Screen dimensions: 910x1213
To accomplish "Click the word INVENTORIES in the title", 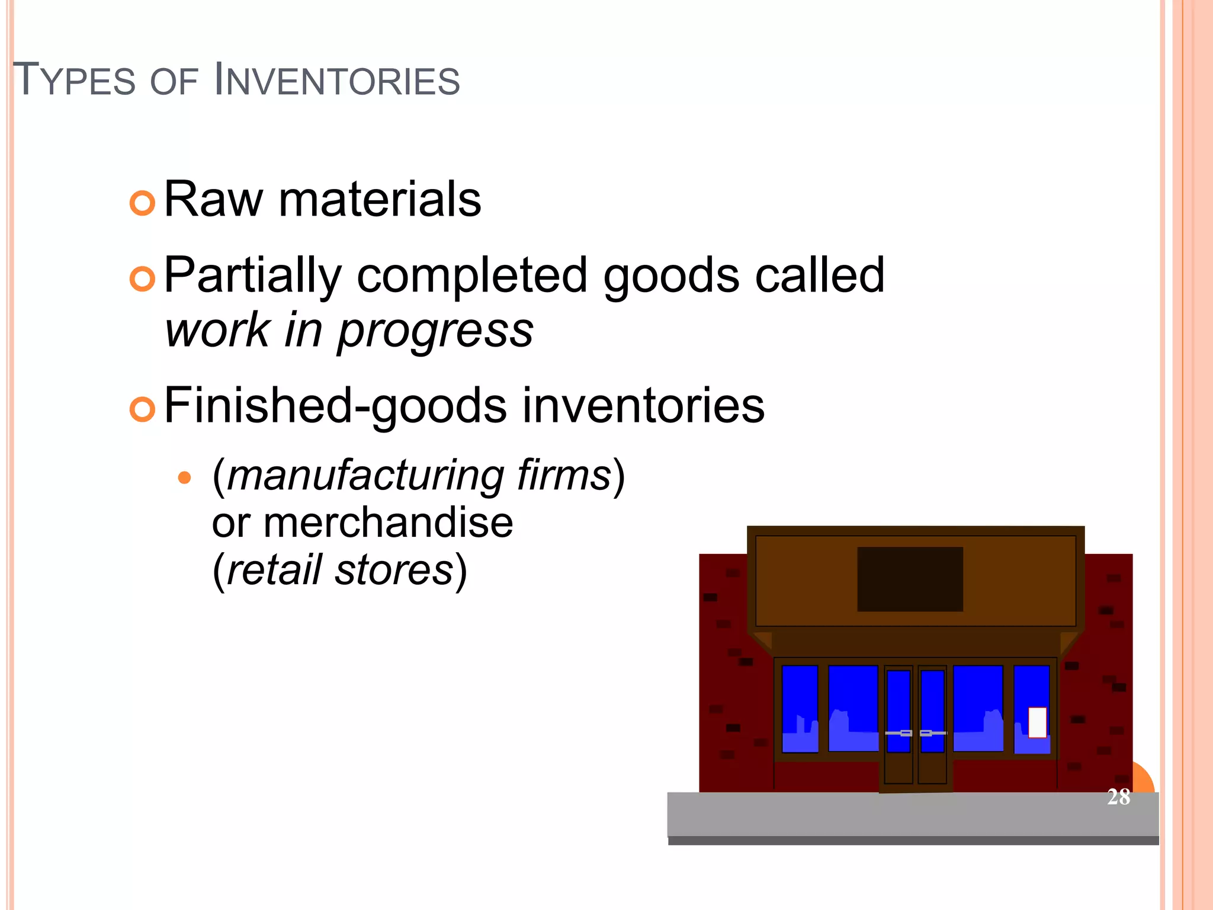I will (x=336, y=81).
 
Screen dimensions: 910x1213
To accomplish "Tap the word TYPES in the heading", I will (x=74, y=81).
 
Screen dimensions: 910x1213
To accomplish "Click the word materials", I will (x=380, y=200).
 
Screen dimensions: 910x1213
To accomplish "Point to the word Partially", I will (x=253, y=275).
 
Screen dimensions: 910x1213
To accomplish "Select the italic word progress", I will (x=435, y=331).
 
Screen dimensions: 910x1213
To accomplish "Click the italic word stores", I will (x=394, y=570).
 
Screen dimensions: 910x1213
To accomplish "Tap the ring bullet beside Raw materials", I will (x=142, y=203).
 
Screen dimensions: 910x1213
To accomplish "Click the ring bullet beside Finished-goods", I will (x=142, y=409).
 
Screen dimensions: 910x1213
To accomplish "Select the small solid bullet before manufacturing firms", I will (x=185, y=478).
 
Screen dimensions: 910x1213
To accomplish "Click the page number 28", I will (x=1118, y=797).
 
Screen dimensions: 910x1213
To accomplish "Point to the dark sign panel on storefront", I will (x=910, y=579).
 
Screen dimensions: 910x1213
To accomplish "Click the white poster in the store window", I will (x=1037, y=722).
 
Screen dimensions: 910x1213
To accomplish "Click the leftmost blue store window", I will (x=800, y=709).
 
